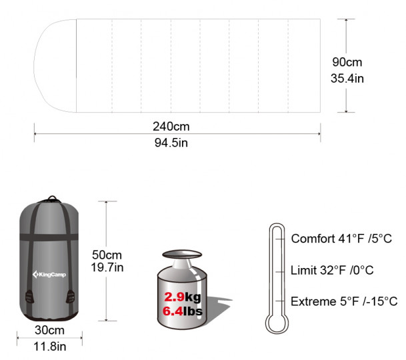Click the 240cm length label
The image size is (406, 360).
(x=171, y=127)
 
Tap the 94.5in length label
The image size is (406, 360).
(x=171, y=143)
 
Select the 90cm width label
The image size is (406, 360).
(x=347, y=62)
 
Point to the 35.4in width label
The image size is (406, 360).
(x=347, y=78)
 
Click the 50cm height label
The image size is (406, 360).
(x=107, y=255)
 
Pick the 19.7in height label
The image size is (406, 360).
(x=107, y=267)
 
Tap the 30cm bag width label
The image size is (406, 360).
(x=49, y=330)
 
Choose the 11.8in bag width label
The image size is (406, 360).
(x=50, y=346)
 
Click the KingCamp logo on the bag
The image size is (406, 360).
(x=49, y=274)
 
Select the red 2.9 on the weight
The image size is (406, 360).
(x=175, y=297)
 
